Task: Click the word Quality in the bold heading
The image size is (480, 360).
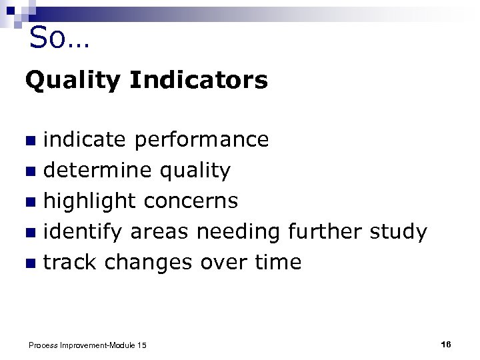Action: pyautogui.click(x=73, y=81)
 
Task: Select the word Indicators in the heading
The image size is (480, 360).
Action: pyautogui.click(x=199, y=81)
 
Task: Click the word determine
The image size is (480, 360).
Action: pyautogui.click(x=99, y=171)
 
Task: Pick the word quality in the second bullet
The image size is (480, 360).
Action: pyautogui.click(x=195, y=171)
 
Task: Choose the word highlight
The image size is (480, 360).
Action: pyautogui.click(x=90, y=201)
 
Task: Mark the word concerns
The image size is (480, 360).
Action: pyautogui.click(x=191, y=201)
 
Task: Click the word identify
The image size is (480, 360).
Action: pyautogui.click(x=83, y=232)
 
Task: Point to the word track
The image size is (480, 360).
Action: pyautogui.click(x=71, y=262)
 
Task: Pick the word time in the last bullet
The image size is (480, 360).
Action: pyautogui.click(x=278, y=262)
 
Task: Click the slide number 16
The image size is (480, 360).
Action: pyautogui.click(x=446, y=344)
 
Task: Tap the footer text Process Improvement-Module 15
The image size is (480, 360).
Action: pyautogui.click(x=87, y=345)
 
